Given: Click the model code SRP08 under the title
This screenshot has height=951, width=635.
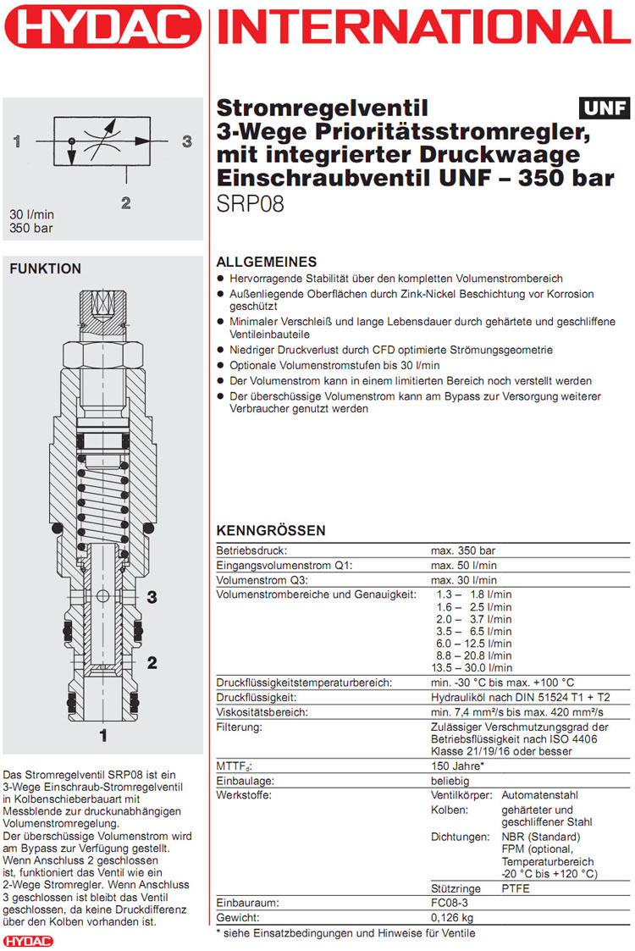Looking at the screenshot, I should click(x=250, y=205).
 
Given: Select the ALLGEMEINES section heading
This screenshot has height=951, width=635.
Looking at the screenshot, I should click(x=267, y=263).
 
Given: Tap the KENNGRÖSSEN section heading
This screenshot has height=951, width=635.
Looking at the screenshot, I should click(x=271, y=531).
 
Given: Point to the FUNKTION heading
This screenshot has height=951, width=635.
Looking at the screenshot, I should click(x=45, y=269).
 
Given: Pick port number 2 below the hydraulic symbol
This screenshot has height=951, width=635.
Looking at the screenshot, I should click(x=125, y=202).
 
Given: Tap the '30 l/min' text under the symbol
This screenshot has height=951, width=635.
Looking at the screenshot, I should click(x=31, y=215).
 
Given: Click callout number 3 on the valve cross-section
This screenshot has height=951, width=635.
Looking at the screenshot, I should click(x=152, y=597).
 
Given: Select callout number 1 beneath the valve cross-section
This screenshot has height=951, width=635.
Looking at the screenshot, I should click(x=103, y=736).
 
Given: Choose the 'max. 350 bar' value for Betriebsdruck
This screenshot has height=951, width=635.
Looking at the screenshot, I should click(x=463, y=550).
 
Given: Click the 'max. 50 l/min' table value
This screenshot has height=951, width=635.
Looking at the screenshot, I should click(x=463, y=565).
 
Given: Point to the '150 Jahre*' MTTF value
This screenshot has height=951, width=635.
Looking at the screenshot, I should click(x=457, y=766).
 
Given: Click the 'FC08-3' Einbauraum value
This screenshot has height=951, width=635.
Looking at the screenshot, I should click(x=450, y=904).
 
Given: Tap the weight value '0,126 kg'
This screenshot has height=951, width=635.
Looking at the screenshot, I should click(x=453, y=918).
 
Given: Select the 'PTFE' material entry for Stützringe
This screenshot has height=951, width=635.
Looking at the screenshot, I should click(x=516, y=889).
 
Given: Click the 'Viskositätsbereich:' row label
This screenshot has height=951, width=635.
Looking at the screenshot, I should click(x=262, y=712).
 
